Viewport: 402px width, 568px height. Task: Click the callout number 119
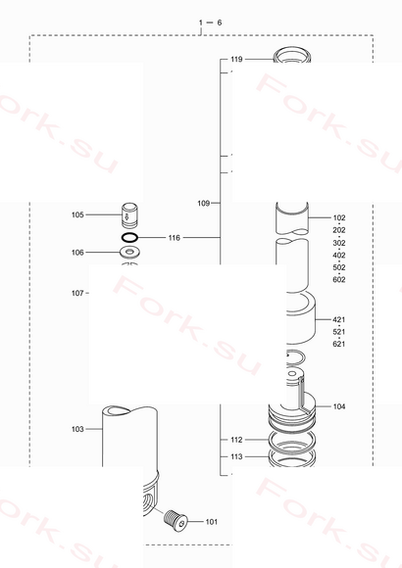[236, 59]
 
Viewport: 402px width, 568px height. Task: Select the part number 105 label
[77, 214]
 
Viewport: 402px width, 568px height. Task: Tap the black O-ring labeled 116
[129, 238]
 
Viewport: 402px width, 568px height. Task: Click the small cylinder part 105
[129, 215]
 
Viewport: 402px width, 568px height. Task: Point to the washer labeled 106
[129, 252]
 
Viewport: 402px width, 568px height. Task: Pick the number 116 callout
[175, 238]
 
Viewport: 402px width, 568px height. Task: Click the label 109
[204, 204]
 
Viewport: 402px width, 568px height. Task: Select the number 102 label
[339, 217]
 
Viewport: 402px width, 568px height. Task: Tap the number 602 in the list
[339, 279]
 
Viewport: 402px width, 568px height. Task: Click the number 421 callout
[339, 319]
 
